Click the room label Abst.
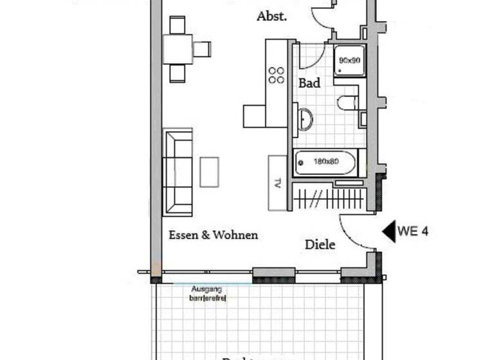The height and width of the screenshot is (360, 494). pyautogui.click(x=271, y=17)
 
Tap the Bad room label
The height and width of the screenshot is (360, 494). pyautogui.click(x=309, y=83)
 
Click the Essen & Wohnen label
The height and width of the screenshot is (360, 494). pyautogui.click(x=213, y=235)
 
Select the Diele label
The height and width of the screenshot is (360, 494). pyautogui.click(x=320, y=245)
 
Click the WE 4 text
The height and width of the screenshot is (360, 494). pyautogui.click(x=413, y=231)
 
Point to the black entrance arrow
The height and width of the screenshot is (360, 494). pyautogui.click(x=389, y=231)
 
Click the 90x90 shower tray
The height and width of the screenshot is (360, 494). pyautogui.click(x=349, y=61)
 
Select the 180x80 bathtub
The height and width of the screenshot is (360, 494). pyautogui.click(x=325, y=163)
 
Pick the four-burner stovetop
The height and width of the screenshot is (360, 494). pyautogui.click(x=277, y=75)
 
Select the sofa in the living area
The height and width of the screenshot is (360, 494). pyautogui.click(x=178, y=172)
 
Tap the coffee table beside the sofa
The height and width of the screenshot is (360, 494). pyautogui.click(x=209, y=172)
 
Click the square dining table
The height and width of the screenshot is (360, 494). pyautogui.click(x=178, y=49)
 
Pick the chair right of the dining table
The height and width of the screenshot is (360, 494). pyautogui.click(x=202, y=49)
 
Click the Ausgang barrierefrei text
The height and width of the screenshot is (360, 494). pyautogui.click(x=208, y=294)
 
